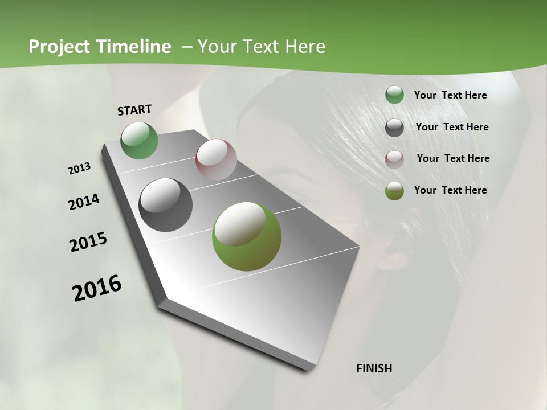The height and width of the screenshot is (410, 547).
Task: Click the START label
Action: tap(134, 110)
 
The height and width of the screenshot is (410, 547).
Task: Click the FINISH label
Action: tap(374, 368)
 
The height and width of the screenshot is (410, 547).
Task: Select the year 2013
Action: tap(79, 169)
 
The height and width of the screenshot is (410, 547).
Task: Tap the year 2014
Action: tap(84, 202)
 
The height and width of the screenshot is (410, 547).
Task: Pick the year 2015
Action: tap(88, 242)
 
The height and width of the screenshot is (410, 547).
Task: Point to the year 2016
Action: tap(97, 288)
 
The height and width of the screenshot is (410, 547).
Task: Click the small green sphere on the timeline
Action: tap(140, 140)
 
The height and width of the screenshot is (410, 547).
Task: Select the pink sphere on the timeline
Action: tap(216, 159)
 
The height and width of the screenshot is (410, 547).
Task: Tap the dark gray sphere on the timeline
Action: tap(166, 205)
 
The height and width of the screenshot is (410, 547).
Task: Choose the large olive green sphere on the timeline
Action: tap(247, 236)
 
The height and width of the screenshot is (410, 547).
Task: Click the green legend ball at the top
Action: tap(394, 95)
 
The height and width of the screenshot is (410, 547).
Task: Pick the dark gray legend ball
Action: tap(394, 128)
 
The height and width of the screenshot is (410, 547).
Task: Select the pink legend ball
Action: tap(394, 159)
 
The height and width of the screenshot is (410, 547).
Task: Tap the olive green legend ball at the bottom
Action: tap(394, 191)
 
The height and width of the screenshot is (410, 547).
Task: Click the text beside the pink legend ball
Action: tap(453, 158)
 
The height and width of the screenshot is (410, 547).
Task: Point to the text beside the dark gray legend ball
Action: tap(452, 127)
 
